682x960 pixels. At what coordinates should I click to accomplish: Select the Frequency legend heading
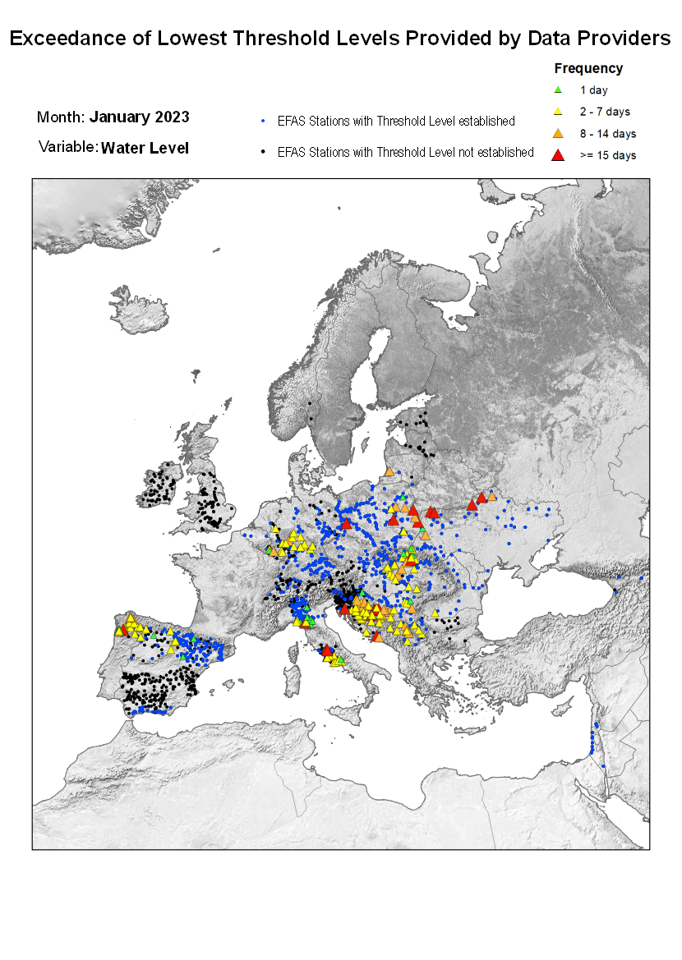point(588,69)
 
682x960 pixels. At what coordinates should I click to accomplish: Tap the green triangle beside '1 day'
point(558,90)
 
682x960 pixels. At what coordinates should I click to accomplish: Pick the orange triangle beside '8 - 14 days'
point(558,133)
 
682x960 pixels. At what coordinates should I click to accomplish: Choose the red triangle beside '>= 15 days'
point(558,154)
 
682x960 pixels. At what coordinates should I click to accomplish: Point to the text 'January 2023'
point(140,117)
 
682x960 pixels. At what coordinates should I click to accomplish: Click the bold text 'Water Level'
point(145,148)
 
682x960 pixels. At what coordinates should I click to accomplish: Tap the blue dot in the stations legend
point(262,122)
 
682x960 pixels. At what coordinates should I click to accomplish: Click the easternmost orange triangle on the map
point(491,496)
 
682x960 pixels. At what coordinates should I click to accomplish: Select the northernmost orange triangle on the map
point(389,472)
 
